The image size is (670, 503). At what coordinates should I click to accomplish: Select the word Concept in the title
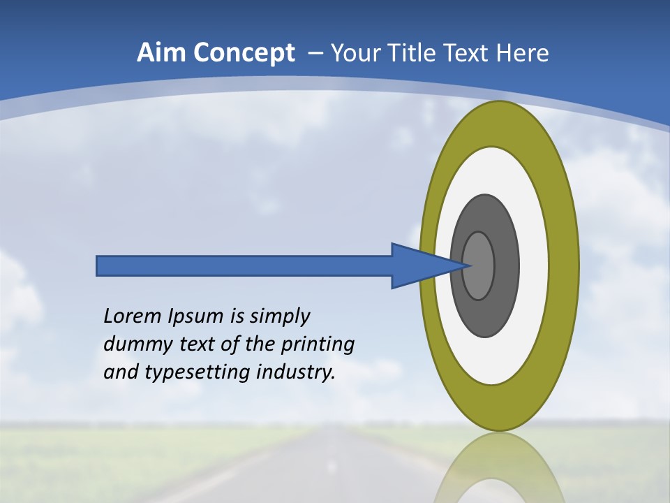coord(245,53)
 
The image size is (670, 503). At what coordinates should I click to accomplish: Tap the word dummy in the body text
coord(130,344)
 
